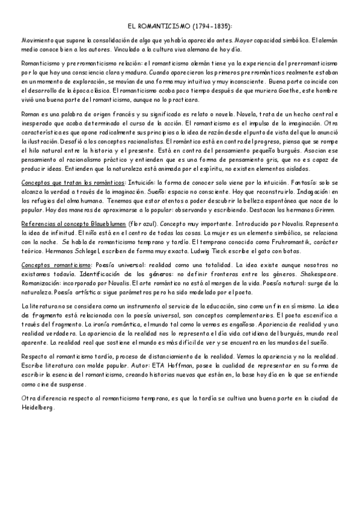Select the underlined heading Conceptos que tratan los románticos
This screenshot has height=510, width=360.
[x=73, y=182]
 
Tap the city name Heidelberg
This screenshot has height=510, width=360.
[x=38, y=407]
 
